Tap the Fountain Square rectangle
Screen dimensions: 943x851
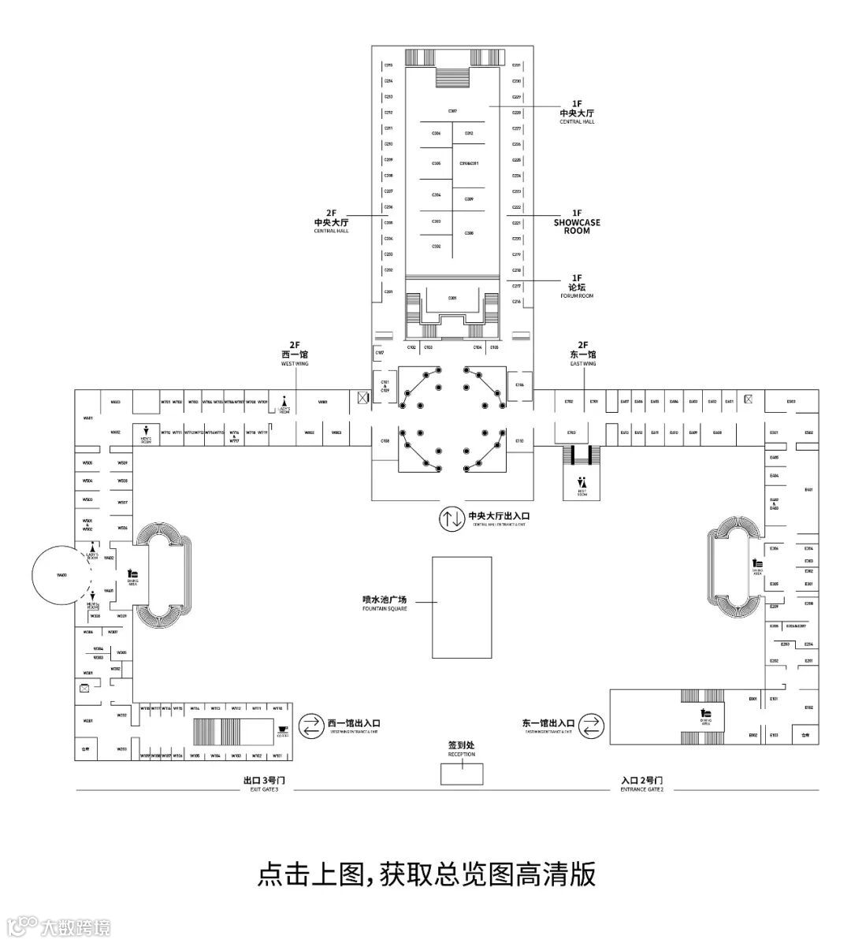click(462, 607)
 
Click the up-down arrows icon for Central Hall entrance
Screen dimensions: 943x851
click(452, 518)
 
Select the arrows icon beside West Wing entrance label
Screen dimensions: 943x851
click(312, 725)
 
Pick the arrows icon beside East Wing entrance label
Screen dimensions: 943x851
click(593, 725)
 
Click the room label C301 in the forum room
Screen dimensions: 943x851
click(452, 298)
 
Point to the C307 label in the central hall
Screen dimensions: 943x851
click(452, 111)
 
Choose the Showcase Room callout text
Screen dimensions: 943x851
click(577, 221)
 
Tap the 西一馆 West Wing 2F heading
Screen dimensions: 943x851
click(295, 354)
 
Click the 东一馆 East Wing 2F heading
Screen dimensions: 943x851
click(583, 354)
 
